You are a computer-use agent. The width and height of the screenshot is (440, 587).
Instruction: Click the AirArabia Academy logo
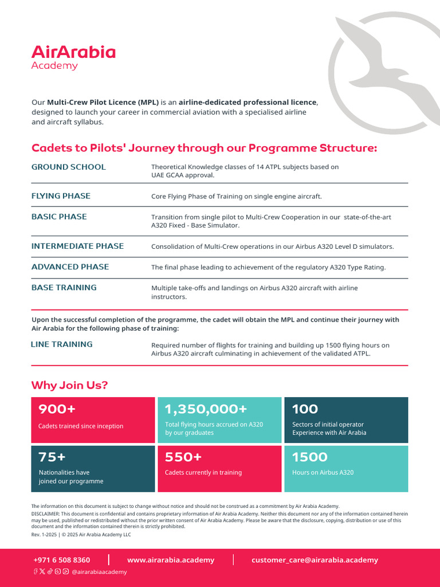(73, 57)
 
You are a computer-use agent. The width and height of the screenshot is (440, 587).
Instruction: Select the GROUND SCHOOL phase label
(68, 167)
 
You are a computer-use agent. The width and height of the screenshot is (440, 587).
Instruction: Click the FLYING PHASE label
(61, 196)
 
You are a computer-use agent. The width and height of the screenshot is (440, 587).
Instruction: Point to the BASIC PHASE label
(59, 217)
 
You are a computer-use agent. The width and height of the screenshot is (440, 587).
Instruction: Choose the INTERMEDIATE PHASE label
(77, 246)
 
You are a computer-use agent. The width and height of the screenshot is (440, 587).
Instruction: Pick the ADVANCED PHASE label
(70, 267)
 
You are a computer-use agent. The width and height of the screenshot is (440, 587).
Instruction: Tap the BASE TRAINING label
(64, 287)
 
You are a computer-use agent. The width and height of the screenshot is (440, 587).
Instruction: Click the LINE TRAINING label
(61, 345)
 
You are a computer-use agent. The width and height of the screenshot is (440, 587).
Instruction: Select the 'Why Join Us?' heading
(69, 385)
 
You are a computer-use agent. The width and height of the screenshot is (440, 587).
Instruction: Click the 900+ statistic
(57, 409)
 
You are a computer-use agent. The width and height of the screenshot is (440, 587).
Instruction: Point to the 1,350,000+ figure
(206, 409)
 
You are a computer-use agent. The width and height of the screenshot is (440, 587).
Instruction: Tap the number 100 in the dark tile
(305, 409)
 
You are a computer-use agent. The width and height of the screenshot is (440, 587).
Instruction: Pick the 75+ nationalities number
(52, 457)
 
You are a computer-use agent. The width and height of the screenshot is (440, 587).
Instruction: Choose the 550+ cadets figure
(183, 457)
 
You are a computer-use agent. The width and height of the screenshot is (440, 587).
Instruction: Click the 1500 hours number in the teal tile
(309, 457)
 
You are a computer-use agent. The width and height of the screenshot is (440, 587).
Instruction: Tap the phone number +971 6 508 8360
(62, 560)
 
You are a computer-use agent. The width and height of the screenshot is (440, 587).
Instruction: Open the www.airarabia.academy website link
(171, 560)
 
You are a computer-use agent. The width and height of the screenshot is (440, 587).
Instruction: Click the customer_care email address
(315, 560)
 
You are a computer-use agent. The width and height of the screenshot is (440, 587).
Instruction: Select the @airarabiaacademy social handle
(99, 572)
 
